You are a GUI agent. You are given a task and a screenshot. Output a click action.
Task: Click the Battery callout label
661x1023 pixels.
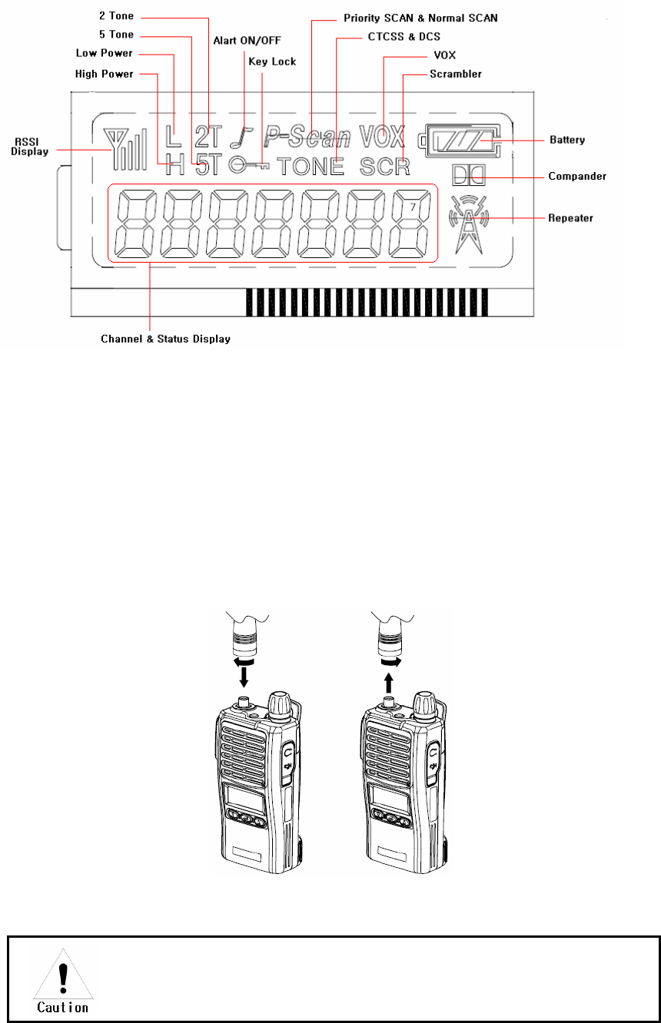click(x=567, y=141)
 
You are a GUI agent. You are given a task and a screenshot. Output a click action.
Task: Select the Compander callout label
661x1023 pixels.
click(x=577, y=176)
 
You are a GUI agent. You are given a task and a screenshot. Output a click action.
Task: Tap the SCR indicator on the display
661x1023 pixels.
click(x=384, y=165)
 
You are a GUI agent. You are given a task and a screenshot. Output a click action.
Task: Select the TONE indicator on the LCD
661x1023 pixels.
click(x=311, y=165)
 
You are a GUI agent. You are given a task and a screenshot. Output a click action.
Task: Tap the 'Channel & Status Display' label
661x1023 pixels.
click(x=166, y=339)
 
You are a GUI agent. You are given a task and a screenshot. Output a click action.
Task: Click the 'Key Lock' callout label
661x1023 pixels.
click(x=272, y=61)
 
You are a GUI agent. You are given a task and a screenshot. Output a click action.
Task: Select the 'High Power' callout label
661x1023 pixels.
click(x=105, y=74)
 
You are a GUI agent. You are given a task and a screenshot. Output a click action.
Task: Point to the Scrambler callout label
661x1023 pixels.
click(x=457, y=74)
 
